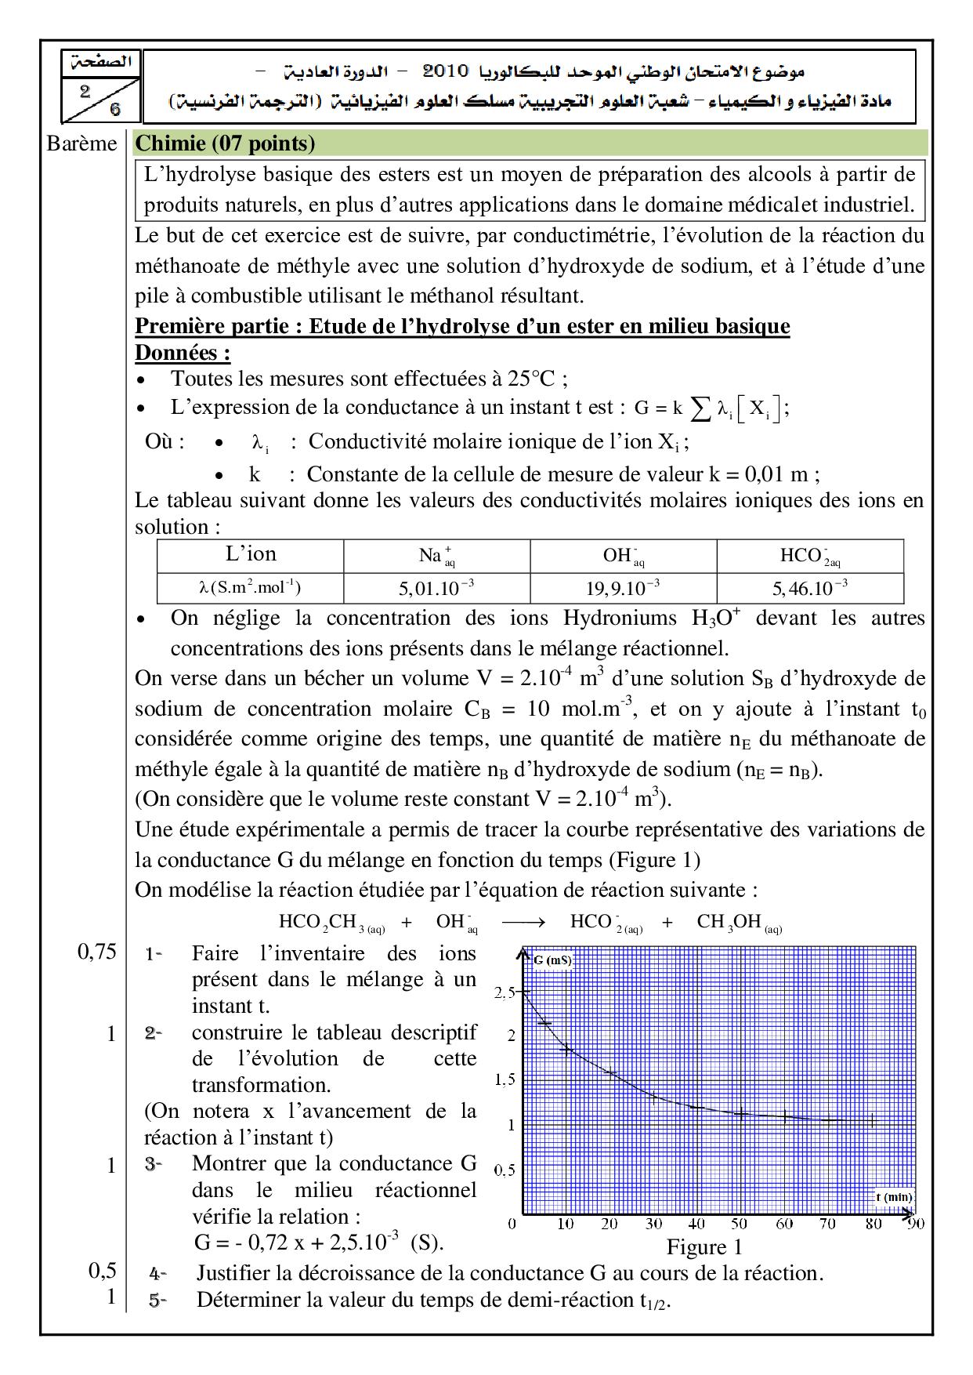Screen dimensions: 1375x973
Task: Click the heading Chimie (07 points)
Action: coord(225,143)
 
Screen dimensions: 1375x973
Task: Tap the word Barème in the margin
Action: coord(81,144)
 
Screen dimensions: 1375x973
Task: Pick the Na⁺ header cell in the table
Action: coord(437,556)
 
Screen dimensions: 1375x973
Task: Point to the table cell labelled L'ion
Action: coord(251,554)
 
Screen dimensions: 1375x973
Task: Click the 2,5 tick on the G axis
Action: coord(505,992)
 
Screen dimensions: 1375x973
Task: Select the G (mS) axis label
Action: coord(553,960)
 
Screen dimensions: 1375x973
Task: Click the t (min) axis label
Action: coord(894,1197)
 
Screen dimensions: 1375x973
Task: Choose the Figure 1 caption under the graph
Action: coord(704,1246)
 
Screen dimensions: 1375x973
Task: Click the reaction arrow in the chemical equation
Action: coord(523,922)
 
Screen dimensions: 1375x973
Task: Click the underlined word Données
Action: coord(183,353)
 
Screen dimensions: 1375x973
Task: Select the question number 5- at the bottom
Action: coord(158,1300)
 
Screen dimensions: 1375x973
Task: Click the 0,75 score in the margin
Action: coord(96,952)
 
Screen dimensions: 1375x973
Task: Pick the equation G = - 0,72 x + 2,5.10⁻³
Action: coord(318,1243)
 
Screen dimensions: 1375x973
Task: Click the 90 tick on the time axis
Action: coord(915,1224)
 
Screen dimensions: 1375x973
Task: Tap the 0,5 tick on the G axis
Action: coord(505,1170)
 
